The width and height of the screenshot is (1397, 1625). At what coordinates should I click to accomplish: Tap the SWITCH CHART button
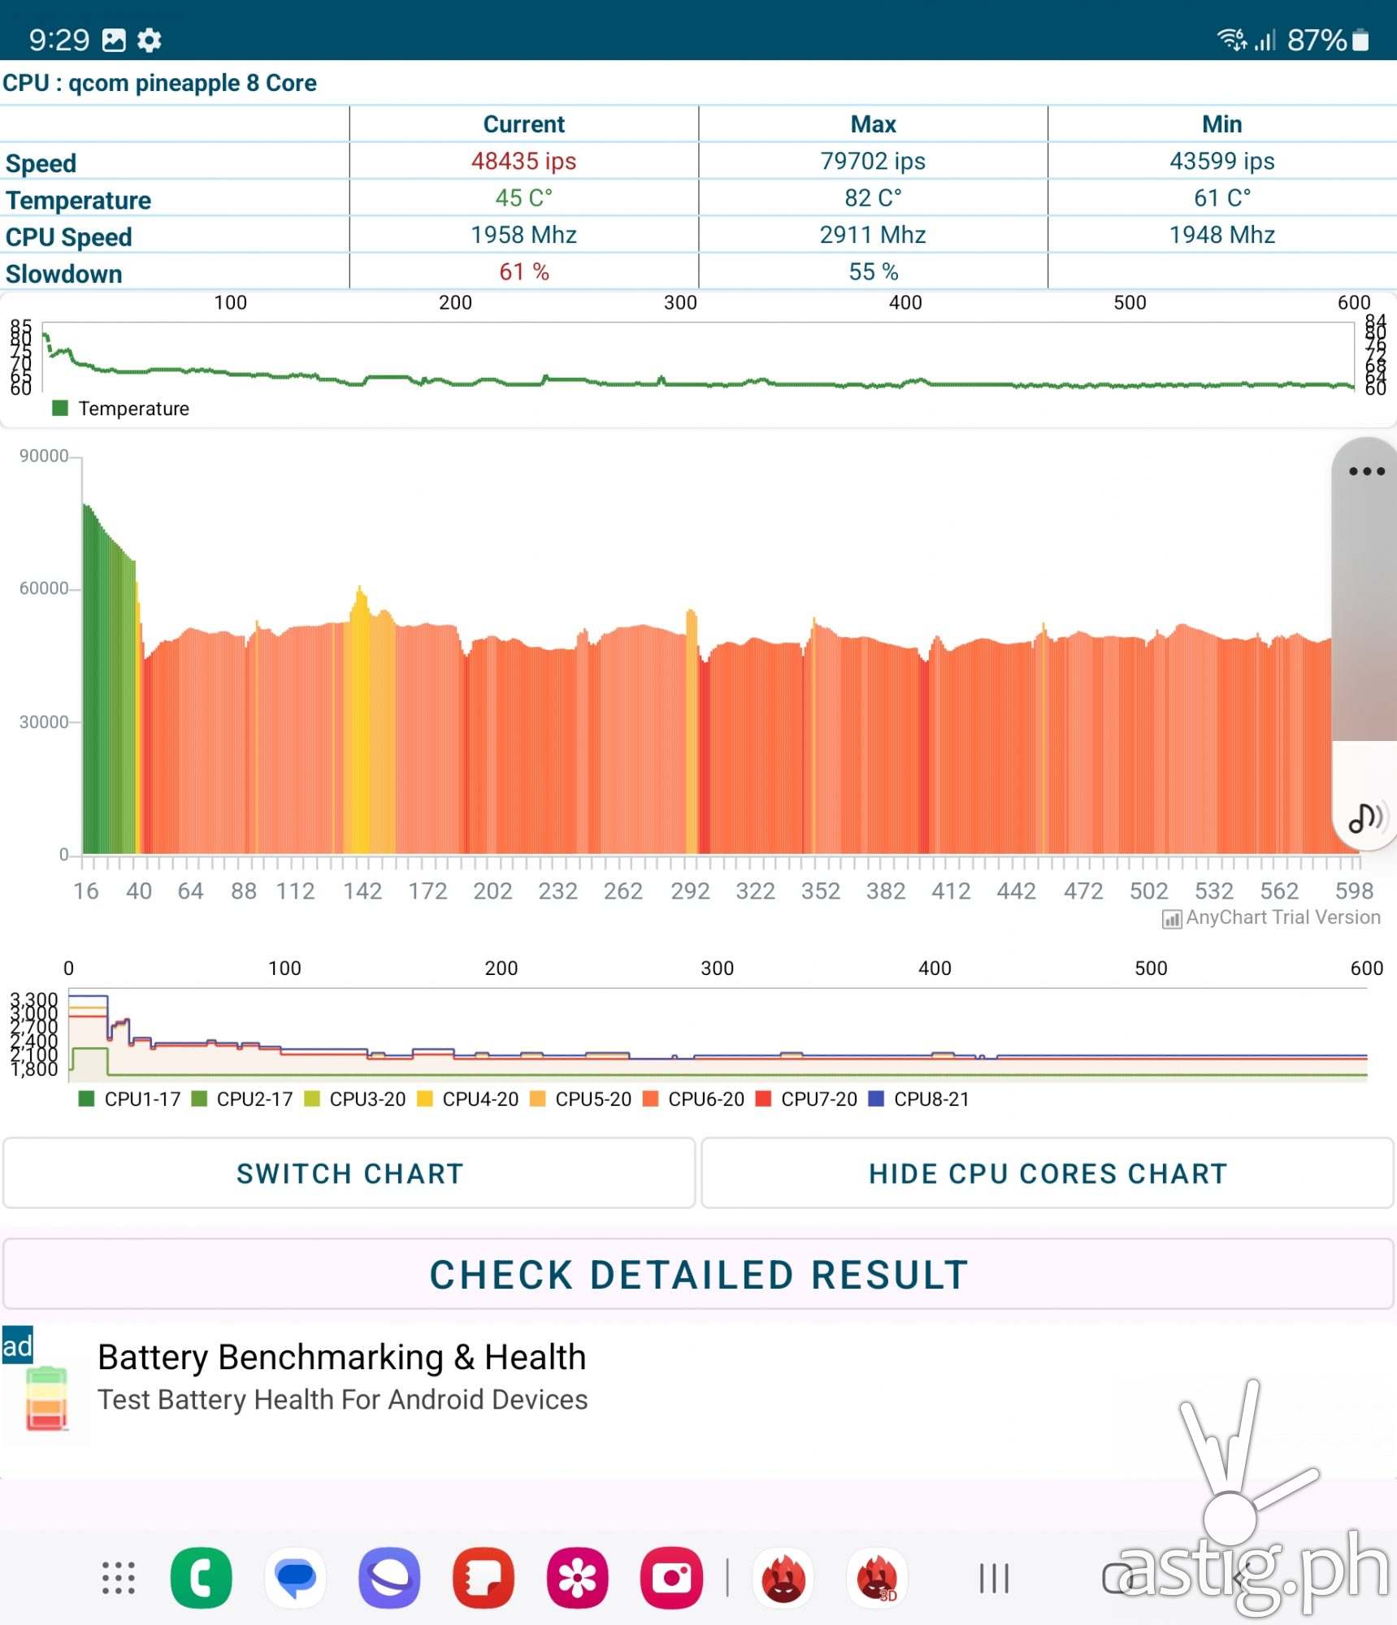coord(349,1173)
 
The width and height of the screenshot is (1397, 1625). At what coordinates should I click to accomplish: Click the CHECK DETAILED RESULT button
coord(698,1274)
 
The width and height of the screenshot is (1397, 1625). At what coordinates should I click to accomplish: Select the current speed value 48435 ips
coord(523,161)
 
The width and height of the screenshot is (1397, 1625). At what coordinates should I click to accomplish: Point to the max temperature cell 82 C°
coord(873,198)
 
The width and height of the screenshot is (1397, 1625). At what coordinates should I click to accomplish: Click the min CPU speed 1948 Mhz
coord(1221,235)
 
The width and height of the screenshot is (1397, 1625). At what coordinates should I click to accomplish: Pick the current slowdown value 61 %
coord(523,271)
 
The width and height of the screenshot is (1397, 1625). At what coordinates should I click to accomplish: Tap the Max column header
coord(873,124)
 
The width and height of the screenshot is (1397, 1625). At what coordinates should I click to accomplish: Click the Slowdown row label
coord(64,274)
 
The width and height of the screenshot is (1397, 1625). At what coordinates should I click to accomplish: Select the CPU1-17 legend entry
coord(131,1099)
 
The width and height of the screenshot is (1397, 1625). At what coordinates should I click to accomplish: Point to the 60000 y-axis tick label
coord(44,588)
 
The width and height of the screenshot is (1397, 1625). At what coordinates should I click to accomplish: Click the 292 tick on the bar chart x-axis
coord(690,891)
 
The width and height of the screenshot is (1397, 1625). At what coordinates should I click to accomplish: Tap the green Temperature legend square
coord(60,408)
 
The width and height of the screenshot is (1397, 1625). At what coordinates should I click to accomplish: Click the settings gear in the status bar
coord(149,40)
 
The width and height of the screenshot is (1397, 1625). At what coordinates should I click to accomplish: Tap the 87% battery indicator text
coord(1317,40)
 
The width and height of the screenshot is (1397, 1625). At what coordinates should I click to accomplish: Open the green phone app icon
coord(201,1578)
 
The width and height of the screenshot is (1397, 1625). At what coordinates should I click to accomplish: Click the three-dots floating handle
coord(1366,471)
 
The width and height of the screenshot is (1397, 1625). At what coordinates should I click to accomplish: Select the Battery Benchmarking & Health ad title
coord(341,1357)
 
